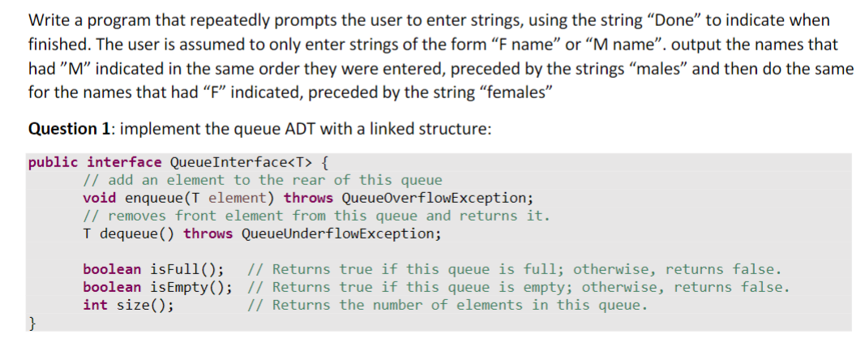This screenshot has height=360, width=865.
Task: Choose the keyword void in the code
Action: click(99, 198)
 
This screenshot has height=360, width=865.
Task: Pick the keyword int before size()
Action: click(95, 305)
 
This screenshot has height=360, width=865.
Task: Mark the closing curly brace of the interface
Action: click(32, 324)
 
